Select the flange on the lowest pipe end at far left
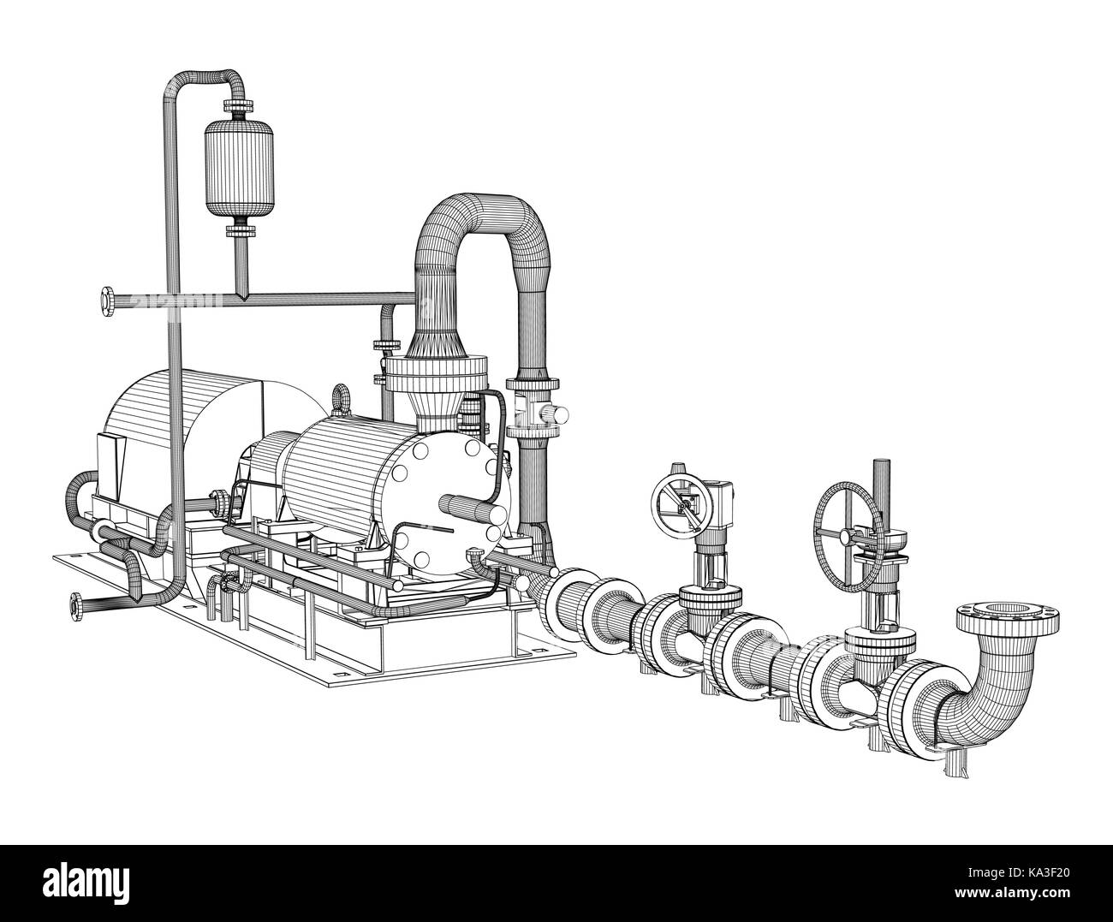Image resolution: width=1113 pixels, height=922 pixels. [x=75, y=604]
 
